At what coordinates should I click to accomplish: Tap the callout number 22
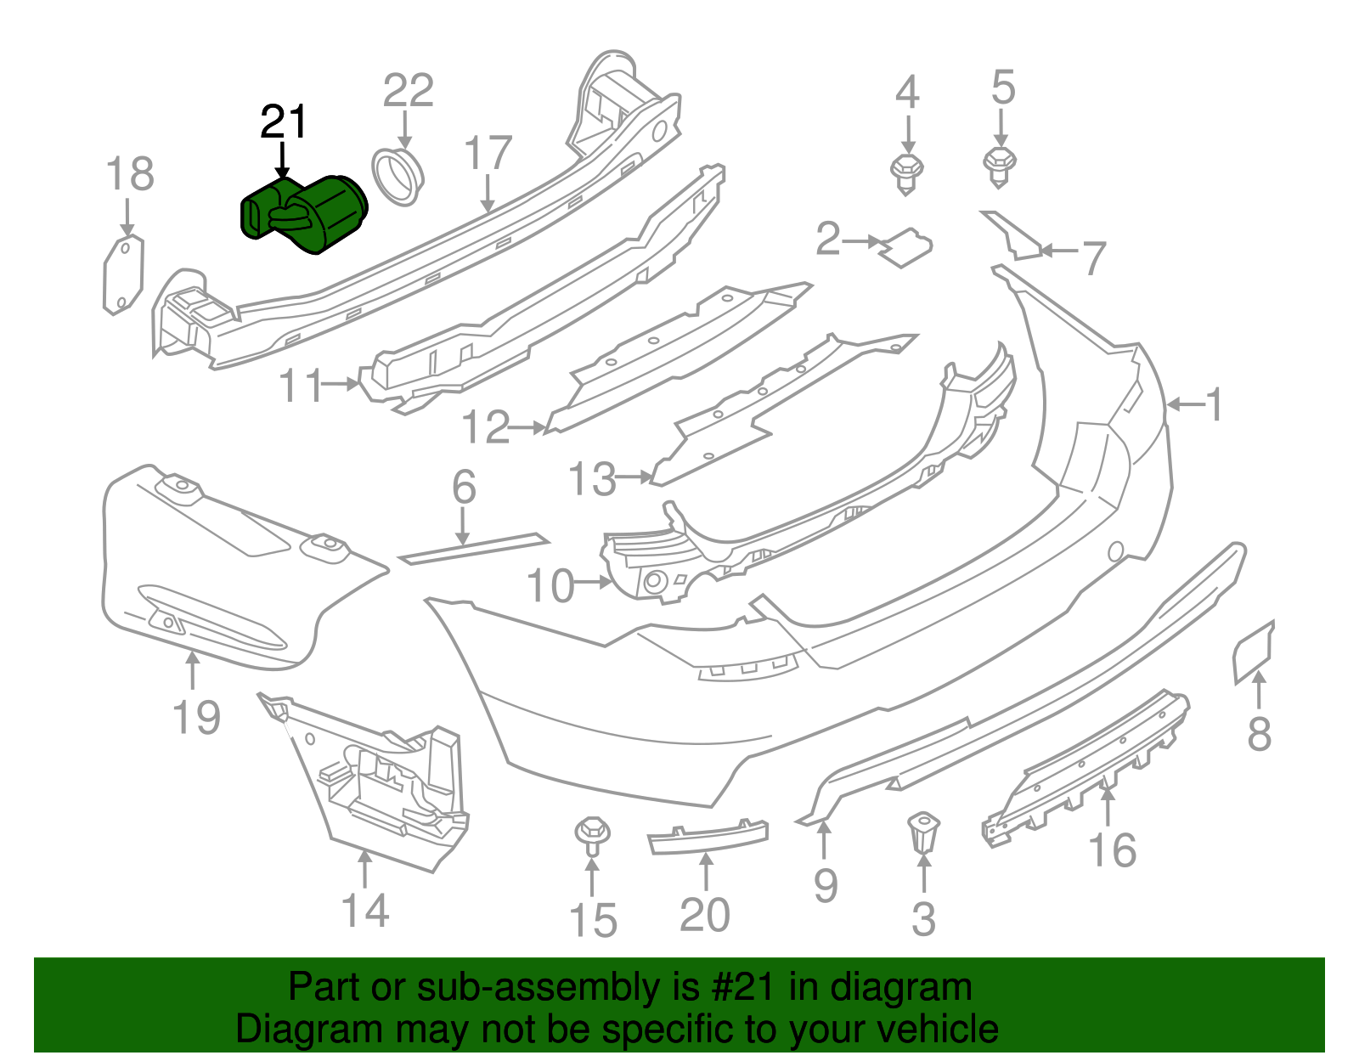pos(409,91)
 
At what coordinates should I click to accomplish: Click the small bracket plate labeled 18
pos(123,275)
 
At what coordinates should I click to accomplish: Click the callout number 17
pos(488,154)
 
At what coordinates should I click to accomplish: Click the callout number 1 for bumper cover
pos(1215,404)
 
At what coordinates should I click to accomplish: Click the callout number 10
pos(551,585)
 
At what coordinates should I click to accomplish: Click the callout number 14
pos(365,911)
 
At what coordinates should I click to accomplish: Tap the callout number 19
pos(196,718)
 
